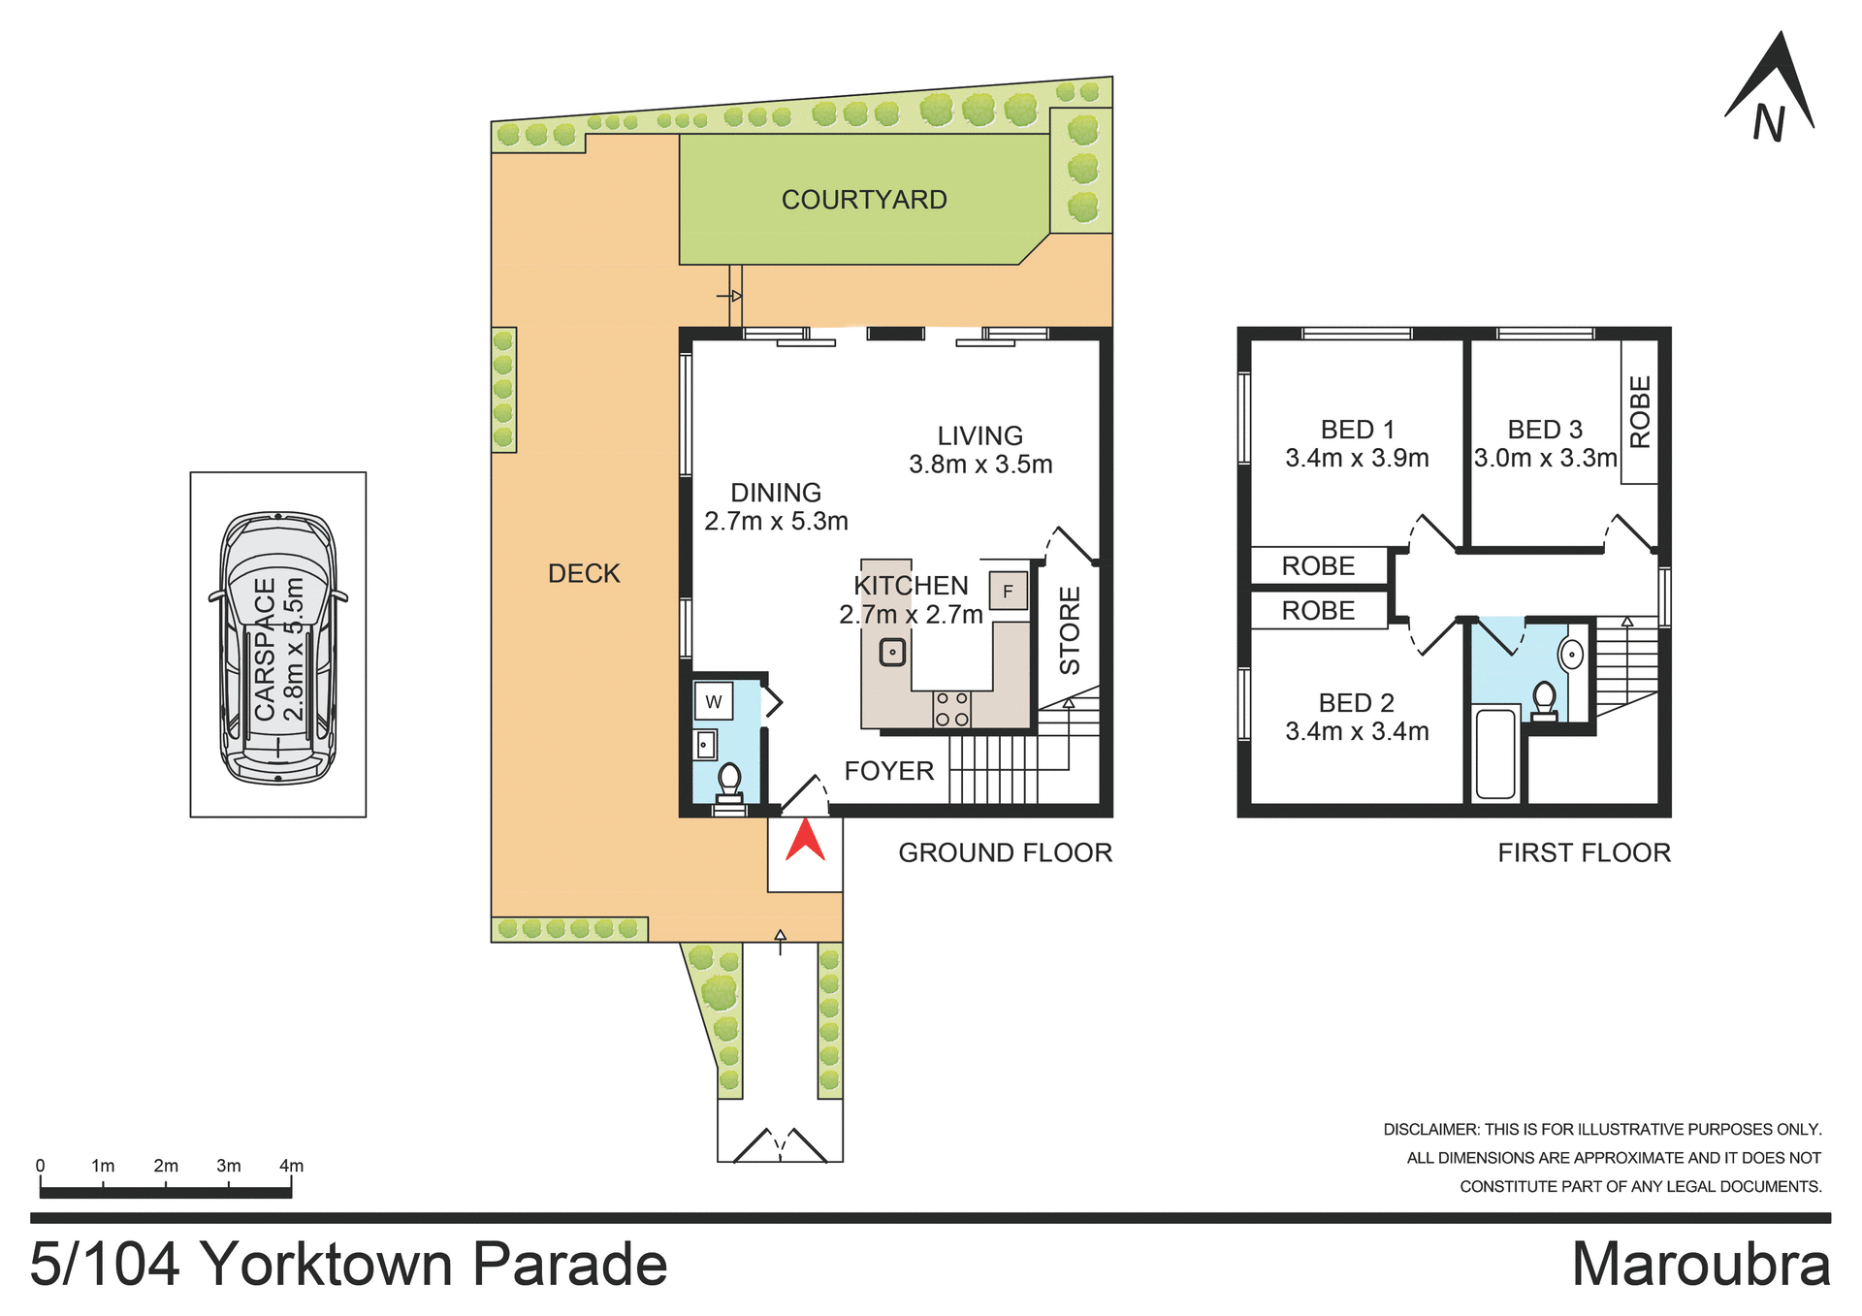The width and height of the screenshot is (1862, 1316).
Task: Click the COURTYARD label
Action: [x=864, y=200]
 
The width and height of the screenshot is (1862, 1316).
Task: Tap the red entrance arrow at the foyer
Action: [x=805, y=841]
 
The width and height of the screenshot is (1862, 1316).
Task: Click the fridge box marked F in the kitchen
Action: [x=1008, y=591]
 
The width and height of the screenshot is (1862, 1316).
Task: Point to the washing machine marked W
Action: [x=714, y=701]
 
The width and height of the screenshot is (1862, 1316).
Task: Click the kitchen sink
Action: [x=892, y=652]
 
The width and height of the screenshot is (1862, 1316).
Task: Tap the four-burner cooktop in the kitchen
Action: [x=951, y=709]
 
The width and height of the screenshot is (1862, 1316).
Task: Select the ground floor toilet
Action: [x=729, y=780]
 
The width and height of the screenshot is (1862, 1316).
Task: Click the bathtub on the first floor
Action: [x=1494, y=754]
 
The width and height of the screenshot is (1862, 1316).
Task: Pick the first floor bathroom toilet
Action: [x=1544, y=698]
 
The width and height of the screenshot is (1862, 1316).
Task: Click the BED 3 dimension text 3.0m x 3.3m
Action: [x=1545, y=458]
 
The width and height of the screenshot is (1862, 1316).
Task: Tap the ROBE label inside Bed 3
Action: [x=1640, y=412]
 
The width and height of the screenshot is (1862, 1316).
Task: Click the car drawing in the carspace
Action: [x=278, y=648]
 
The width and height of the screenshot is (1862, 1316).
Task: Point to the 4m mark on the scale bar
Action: [x=291, y=1167]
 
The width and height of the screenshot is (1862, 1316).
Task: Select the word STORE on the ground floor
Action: [x=1070, y=630]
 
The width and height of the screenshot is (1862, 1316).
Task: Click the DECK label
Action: [x=584, y=573]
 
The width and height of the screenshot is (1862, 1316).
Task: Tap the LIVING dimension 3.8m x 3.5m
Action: [x=980, y=465]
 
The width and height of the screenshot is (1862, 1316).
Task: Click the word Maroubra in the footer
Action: [x=1700, y=1266]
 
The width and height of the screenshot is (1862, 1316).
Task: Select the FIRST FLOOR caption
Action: [x=1584, y=852]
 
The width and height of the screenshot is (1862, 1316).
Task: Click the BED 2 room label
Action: [x=1356, y=702]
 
